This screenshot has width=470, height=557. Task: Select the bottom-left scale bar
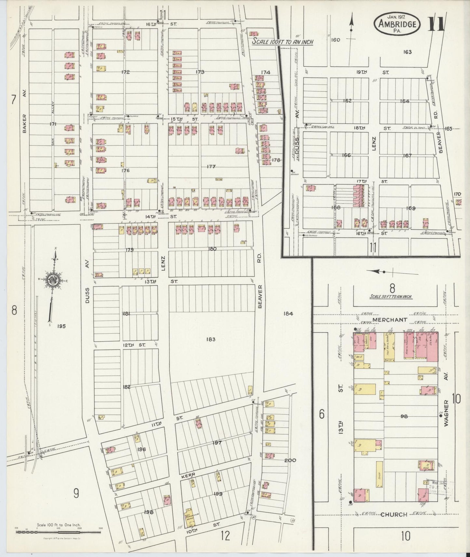pos(59,532)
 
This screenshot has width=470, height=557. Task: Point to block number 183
pos(211,339)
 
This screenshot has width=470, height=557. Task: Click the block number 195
pos(61,326)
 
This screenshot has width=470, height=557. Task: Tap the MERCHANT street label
pos(390,320)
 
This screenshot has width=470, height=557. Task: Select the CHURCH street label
pos(394,514)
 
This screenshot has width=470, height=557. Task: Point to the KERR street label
pos(188,475)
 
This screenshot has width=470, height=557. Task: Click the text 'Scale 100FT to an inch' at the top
pos(283,42)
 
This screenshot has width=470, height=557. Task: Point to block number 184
pos(288,314)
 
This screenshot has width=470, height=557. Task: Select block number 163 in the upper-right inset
pos(407,52)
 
